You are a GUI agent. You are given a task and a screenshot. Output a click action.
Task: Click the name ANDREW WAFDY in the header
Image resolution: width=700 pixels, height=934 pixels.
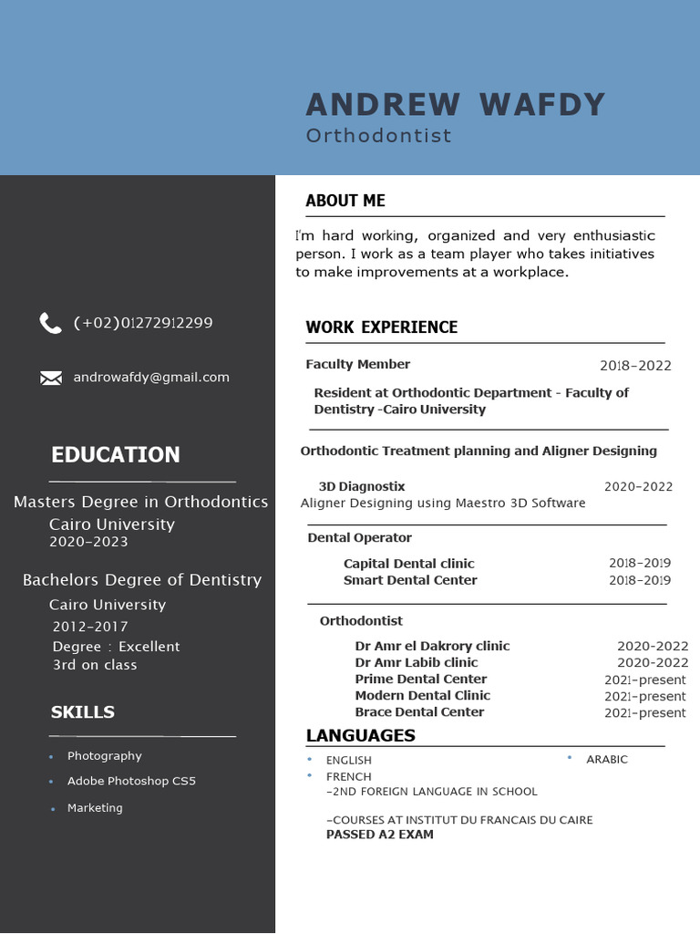point(455,105)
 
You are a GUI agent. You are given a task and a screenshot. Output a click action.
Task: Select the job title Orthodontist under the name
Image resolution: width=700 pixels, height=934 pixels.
point(378,136)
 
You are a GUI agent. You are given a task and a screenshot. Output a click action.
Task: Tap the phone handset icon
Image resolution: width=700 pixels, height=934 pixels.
point(50,323)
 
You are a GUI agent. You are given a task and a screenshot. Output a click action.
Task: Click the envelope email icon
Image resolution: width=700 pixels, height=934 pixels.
point(51,378)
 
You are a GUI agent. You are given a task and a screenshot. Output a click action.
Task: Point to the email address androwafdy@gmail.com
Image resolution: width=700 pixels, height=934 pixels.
point(151,378)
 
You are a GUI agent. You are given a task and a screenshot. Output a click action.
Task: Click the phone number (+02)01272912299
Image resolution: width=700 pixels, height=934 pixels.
point(143,323)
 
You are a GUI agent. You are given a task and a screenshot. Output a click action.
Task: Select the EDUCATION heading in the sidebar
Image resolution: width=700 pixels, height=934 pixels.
point(116,454)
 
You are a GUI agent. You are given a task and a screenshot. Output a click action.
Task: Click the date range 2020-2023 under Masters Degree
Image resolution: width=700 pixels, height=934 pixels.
point(88,542)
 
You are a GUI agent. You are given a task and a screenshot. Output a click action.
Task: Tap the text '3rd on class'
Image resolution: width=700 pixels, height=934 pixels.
point(95,665)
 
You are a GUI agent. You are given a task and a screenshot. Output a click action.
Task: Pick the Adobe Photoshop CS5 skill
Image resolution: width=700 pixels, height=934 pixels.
point(131,782)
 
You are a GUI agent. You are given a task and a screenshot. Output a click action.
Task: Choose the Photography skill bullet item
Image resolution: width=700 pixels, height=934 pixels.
point(104,756)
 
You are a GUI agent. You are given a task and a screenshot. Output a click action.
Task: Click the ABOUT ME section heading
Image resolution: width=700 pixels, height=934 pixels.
point(345,201)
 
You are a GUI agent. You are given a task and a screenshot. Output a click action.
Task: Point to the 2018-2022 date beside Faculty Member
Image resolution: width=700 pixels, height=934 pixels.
point(635,366)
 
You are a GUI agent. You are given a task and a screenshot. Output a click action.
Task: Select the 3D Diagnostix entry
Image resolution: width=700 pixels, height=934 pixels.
point(362,487)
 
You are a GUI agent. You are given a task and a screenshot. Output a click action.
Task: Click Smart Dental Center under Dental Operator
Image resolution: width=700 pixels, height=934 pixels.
point(410,580)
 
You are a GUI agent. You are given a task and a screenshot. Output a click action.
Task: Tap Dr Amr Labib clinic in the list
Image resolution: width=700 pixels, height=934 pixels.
point(417,662)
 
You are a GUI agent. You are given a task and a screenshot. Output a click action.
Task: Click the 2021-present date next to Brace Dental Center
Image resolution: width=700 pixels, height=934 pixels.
point(644,712)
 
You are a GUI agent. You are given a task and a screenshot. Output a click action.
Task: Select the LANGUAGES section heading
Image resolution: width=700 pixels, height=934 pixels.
point(360,735)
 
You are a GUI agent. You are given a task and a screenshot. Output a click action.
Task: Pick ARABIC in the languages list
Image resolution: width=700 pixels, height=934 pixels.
point(607,760)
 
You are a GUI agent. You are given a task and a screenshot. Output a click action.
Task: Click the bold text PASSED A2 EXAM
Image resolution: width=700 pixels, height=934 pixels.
point(379,835)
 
